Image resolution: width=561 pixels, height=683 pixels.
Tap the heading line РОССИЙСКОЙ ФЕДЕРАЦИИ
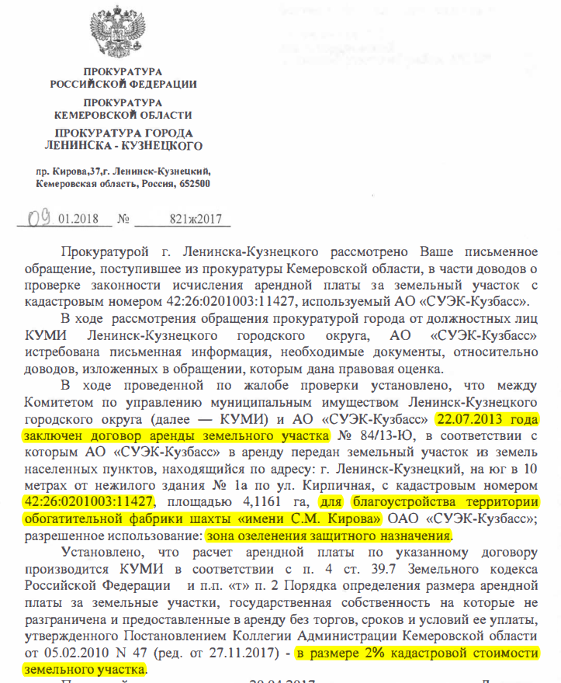[123, 84]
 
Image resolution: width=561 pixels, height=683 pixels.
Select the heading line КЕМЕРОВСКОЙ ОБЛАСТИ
[123, 114]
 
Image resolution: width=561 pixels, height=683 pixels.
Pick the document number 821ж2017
[195, 219]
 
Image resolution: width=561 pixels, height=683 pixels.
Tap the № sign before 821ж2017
[123, 219]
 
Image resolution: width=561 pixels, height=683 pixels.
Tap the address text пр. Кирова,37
[73, 169]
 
